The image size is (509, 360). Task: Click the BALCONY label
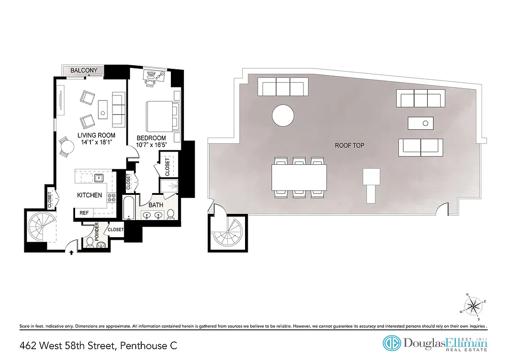point(83,71)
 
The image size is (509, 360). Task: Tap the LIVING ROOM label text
point(96,135)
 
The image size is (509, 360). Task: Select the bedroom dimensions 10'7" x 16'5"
point(151,145)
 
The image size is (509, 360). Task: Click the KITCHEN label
point(89,195)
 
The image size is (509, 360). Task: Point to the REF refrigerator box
point(84,212)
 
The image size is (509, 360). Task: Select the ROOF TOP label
point(349,145)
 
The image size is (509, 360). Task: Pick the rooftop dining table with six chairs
point(299,176)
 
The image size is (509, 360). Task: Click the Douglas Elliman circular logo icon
point(392,343)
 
